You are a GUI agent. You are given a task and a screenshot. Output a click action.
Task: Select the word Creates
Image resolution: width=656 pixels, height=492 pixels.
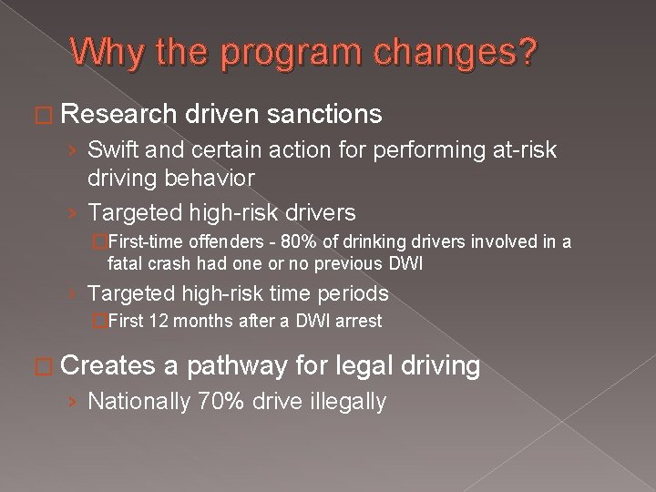coord(109,367)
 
